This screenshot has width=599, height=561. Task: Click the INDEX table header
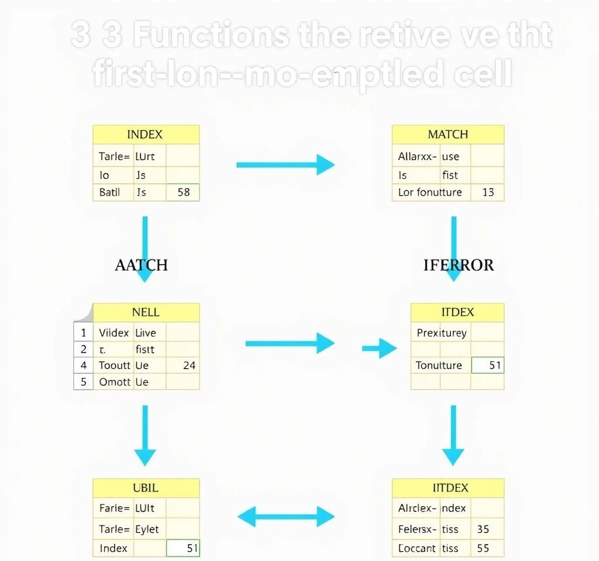145,134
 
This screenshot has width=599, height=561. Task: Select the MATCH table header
447,134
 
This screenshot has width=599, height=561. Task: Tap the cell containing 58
183,192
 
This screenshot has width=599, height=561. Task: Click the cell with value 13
488,192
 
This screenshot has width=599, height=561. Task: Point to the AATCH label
141,265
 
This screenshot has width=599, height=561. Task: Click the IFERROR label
458,265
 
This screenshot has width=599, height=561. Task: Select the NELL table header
145,312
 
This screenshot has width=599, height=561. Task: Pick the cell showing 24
188,365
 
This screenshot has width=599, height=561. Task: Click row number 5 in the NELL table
84,382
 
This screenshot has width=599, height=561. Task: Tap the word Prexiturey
441,333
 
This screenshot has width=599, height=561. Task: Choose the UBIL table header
145,487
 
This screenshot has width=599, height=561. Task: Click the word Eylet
147,529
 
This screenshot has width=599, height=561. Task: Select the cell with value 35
483,529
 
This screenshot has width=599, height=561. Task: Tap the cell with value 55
483,548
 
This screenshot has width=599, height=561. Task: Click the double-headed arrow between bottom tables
285,517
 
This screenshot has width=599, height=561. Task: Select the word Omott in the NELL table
115,382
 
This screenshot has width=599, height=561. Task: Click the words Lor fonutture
429,192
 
